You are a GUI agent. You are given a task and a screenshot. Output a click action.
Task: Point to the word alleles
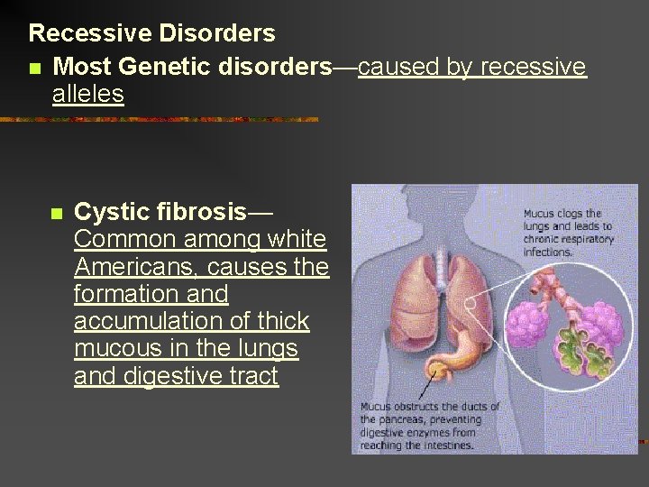[87, 95]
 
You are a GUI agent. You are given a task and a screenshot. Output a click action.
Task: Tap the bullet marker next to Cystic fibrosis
[56, 215]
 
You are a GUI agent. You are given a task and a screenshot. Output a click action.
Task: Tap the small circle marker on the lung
[469, 302]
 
